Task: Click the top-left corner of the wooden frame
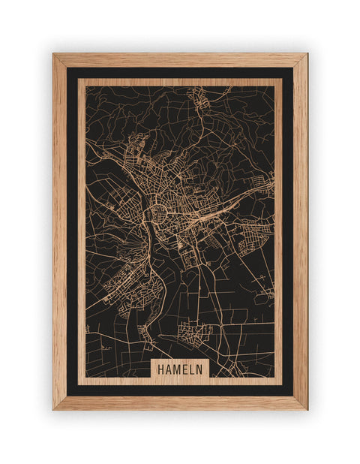(x=53, y=54)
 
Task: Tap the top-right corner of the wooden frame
(x=307, y=54)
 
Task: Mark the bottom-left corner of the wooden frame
(x=53, y=409)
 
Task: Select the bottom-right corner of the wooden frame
(x=307, y=409)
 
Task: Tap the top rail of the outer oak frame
(x=180, y=60)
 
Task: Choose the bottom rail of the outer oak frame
(x=180, y=402)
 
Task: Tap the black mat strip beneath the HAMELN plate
(x=180, y=390)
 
